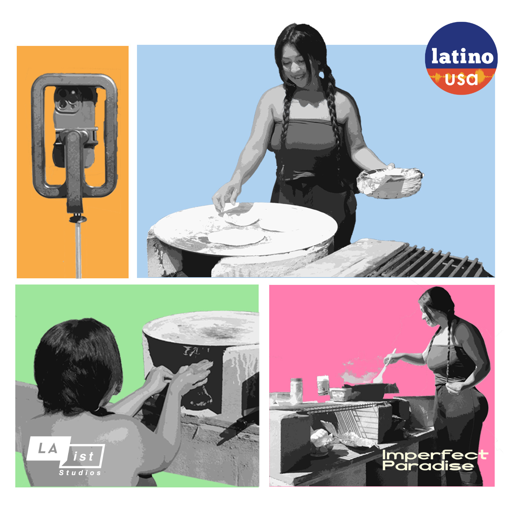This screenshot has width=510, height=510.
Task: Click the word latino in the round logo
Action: point(462,56)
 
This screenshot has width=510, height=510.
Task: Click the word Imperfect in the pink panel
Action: point(435,454)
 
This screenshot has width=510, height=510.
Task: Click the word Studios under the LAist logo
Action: point(80,473)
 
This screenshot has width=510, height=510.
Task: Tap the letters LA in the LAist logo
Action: point(48,448)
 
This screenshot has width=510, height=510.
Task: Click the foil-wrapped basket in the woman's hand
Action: point(389,182)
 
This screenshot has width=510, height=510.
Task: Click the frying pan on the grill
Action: point(370,389)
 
